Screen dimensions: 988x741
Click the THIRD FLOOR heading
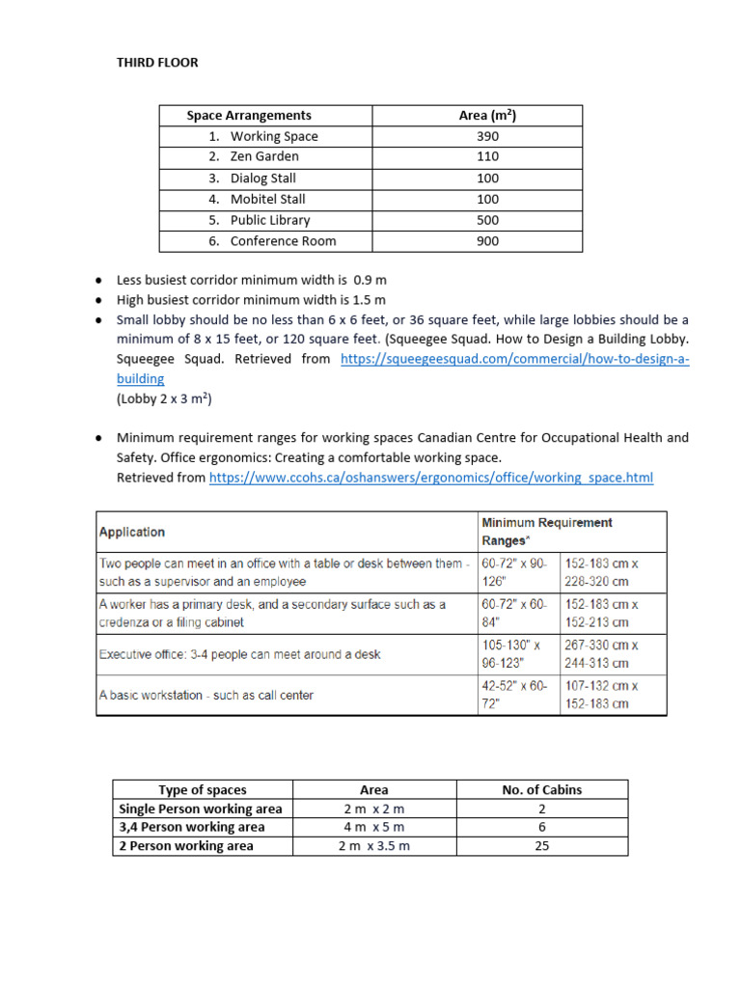pos(157,63)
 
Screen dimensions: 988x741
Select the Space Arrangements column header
pos(249,115)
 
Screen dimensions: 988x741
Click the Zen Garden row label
pos(264,156)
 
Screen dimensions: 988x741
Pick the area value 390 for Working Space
pos(487,136)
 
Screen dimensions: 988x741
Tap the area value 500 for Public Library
pos(487,220)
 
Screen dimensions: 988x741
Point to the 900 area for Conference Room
pos(487,241)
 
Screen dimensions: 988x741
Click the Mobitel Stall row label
pos(267,199)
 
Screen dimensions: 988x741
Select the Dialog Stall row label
pos(262,178)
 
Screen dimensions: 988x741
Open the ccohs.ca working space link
pos(431,478)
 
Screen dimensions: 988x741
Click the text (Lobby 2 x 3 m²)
pos(164,398)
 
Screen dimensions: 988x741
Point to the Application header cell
pos(132,532)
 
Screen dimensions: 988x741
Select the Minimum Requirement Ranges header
pos(546,532)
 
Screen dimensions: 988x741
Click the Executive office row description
pos(240,654)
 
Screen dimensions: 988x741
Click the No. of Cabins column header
pos(541,789)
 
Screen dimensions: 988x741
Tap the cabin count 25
pos(541,846)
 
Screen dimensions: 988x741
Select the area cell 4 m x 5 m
pos(373,827)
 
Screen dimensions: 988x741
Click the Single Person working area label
pos(200,809)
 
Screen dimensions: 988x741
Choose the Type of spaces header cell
pos(202,789)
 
